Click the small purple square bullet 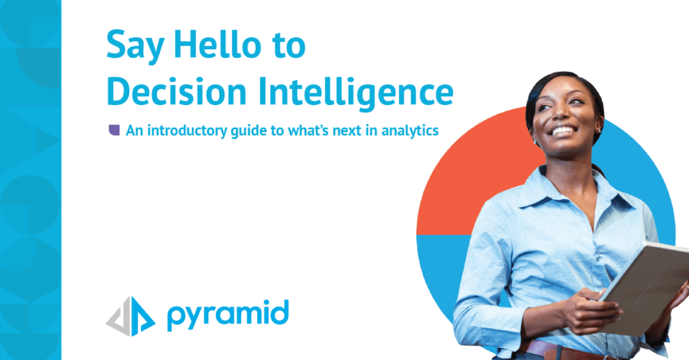114,130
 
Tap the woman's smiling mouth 564,130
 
